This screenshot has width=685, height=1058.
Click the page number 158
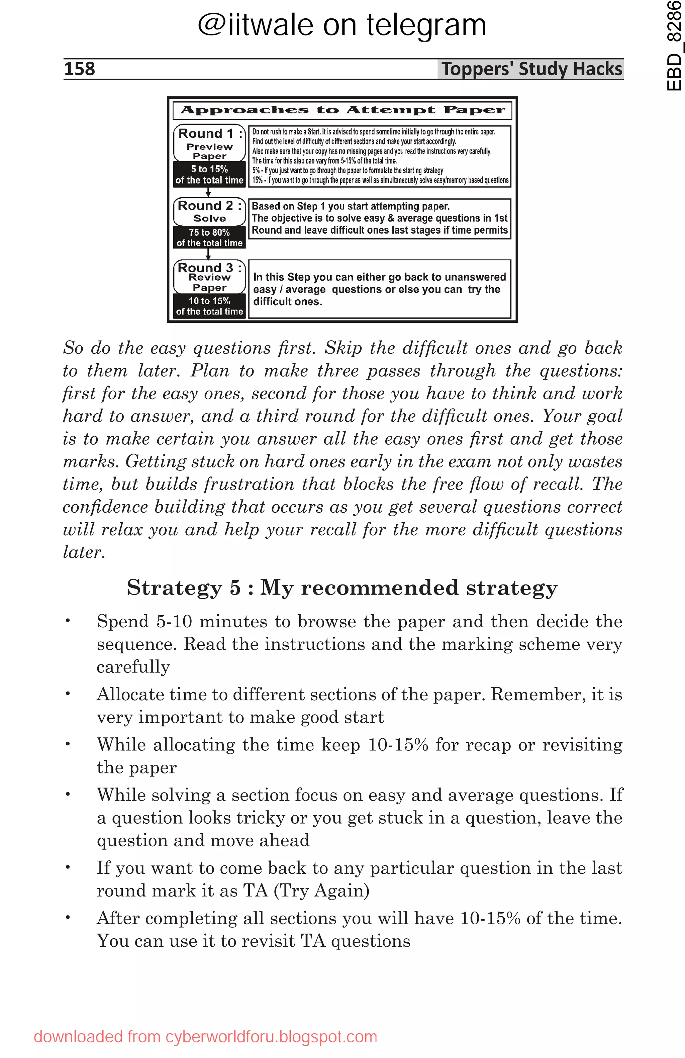coord(80,69)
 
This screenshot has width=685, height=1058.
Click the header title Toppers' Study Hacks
coord(531,69)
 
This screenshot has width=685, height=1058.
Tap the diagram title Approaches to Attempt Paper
coord(342,110)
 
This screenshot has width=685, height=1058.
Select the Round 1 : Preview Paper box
coord(209,143)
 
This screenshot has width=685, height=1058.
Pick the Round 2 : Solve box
coord(209,212)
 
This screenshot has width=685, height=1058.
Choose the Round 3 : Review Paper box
coord(209,277)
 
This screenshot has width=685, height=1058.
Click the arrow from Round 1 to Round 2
coord(208,192)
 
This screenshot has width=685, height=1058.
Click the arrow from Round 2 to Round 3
coord(208,254)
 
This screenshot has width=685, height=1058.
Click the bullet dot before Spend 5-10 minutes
coord(68,621)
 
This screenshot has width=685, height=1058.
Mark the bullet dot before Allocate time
coord(68,694)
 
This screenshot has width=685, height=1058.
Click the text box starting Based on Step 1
coord(379,218)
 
